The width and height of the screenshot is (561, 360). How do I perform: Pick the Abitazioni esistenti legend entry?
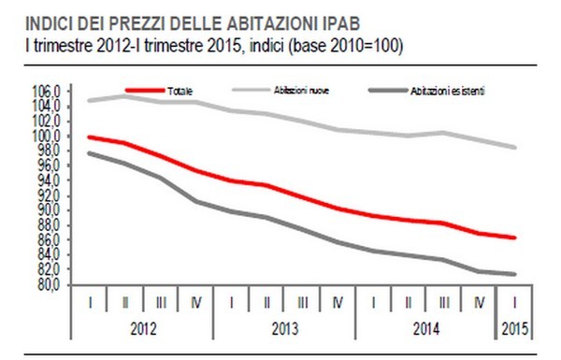click(450, 91)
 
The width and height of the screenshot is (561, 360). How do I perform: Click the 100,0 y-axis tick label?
click(47, 137)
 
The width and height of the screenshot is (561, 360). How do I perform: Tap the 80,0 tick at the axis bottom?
click(49, 286)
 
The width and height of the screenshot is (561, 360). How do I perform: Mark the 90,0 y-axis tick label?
click(49, 211)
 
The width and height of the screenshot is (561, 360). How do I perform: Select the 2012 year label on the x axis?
click(142, 329)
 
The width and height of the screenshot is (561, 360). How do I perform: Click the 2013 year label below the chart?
click(284, 329)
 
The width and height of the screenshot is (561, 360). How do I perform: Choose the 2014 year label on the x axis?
click(426, 329)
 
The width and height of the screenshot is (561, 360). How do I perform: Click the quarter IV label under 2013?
click(338, 303)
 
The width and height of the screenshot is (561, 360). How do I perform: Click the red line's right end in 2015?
click(515, 238)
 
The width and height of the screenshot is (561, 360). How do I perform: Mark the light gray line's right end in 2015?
click(515, 147)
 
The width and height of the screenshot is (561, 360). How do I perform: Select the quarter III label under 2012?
click(160, 303)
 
